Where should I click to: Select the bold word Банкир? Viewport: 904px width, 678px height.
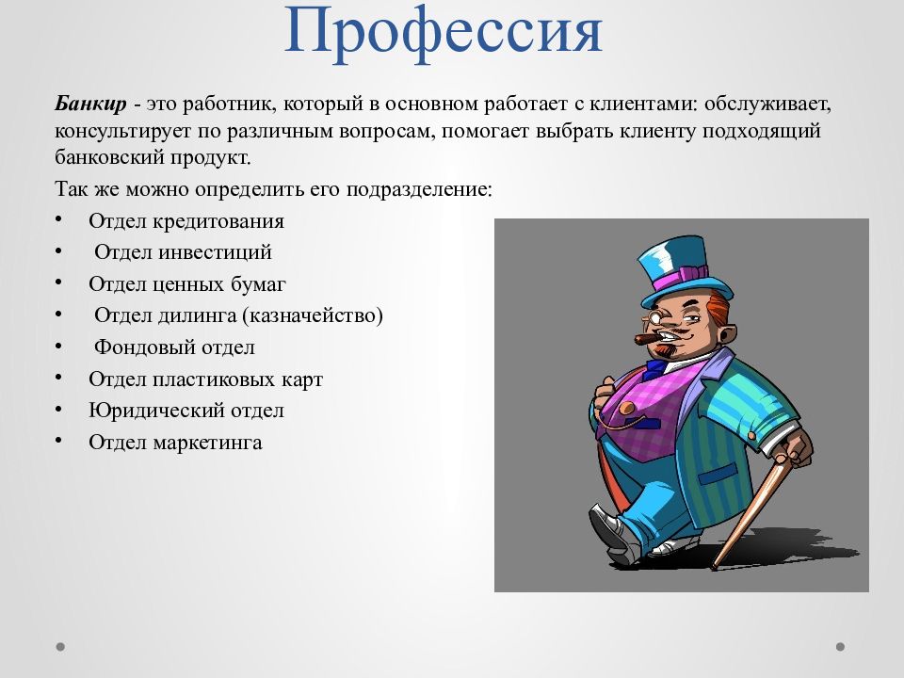(x=90, y=104)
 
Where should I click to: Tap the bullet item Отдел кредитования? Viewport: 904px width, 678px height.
(x=186, y=220)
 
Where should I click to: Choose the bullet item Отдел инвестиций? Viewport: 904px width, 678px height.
(x=183, y=252)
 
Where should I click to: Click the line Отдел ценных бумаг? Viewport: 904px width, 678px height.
(x=187, y=283)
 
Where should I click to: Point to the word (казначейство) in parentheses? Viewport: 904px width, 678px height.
(x=313, y=315)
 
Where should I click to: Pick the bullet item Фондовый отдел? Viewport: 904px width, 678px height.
(x=174, y=347)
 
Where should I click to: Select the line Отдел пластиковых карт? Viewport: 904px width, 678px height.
(x=206, y=379)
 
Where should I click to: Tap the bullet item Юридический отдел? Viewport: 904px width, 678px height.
(x=186, y=411)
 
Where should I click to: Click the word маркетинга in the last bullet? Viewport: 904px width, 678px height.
(x=207, y=443)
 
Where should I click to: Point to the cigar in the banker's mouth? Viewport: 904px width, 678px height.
(x=649, y=338)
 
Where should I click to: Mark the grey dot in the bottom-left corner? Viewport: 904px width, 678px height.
(x=60, y=647)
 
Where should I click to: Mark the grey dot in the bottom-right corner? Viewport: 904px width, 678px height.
(x=840, y=647)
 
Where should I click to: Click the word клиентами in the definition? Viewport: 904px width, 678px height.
(x=643, y=105)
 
